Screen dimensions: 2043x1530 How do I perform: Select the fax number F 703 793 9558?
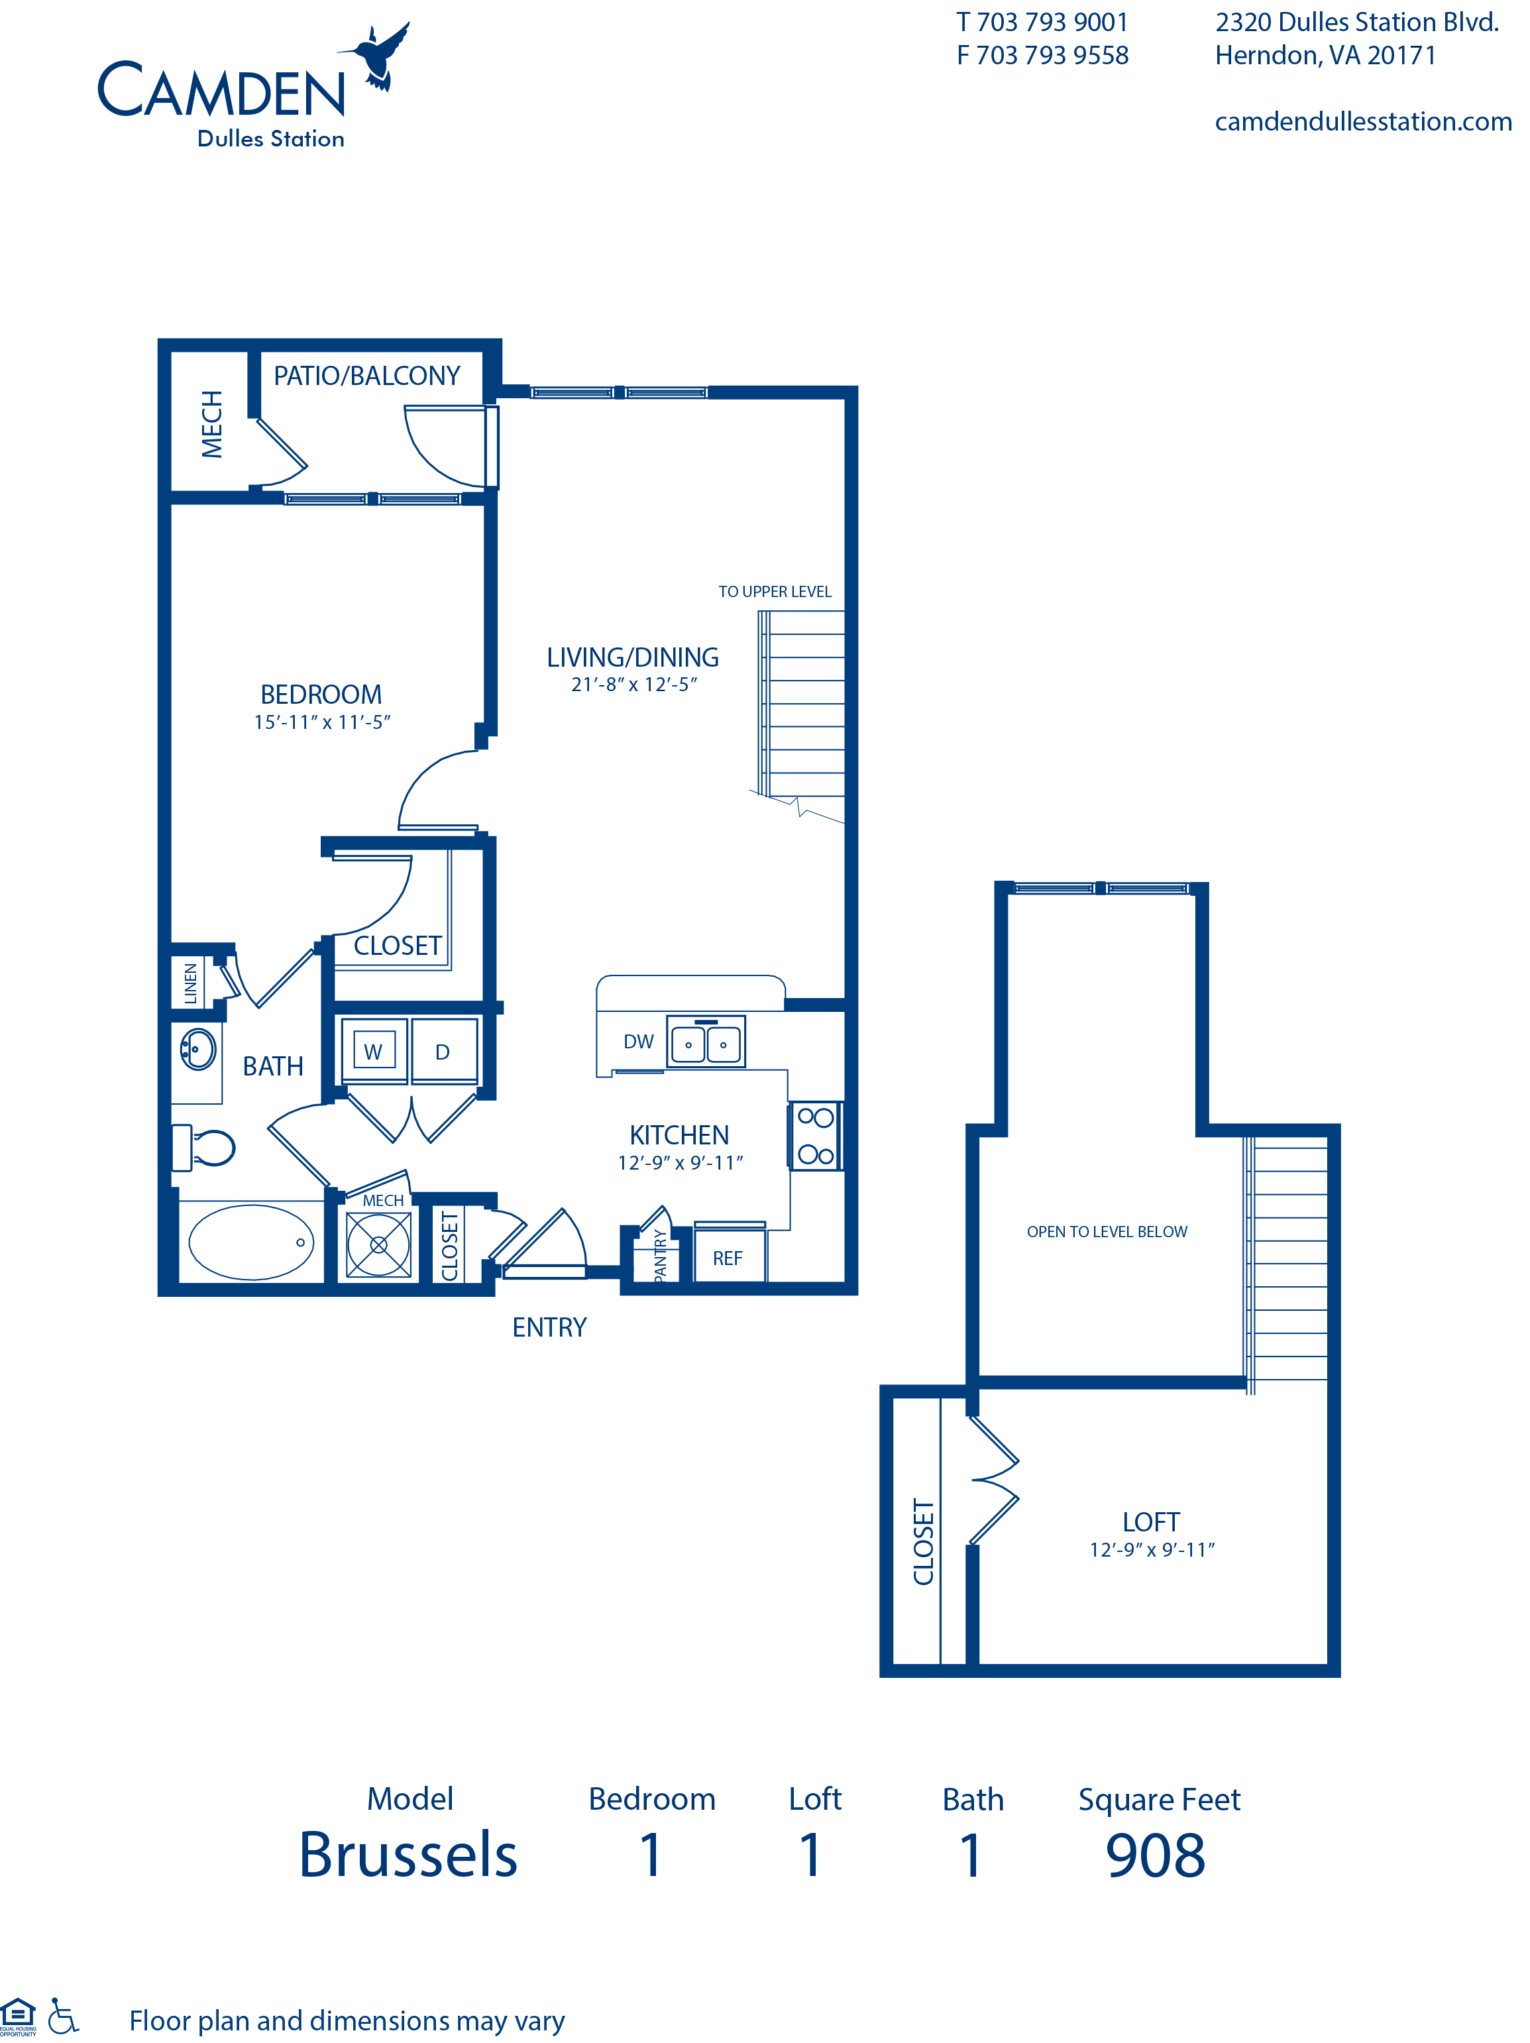(1042, 56)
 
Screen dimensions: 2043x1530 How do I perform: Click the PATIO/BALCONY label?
(366, 376)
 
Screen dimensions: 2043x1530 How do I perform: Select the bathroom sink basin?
(197, 1049)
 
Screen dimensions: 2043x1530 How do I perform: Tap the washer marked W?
(373, 1051)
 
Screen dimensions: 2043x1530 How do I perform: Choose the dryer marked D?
(443, 1051)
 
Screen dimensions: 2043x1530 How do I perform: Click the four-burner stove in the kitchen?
(815, 1135)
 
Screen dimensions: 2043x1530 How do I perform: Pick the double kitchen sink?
(706, 1043)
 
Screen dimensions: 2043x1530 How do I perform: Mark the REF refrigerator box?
(728, 1258)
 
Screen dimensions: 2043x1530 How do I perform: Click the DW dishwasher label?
(638, 1042)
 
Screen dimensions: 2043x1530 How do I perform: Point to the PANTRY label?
(660, 1254)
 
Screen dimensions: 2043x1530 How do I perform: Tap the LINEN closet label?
(191, 983)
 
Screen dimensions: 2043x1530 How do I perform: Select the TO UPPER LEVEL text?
(775, 592)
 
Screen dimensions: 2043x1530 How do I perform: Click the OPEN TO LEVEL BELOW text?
(1106, 1231)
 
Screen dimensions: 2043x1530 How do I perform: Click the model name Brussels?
(408, 1855)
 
